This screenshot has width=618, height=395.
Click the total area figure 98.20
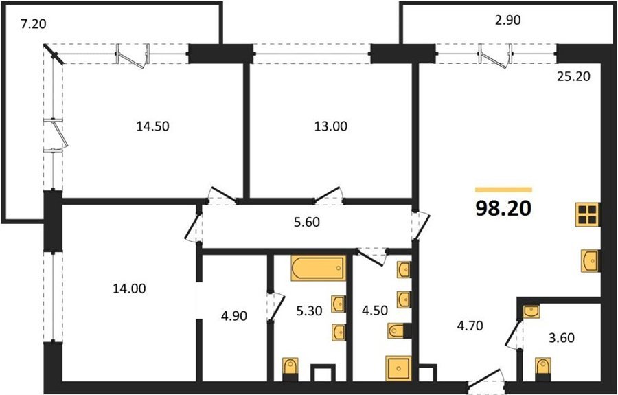tap(504, 209)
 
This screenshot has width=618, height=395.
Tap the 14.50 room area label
tap(152, 126)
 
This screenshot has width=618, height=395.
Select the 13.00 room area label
tap(331, 126)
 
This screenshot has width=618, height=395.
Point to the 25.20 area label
tap(573, 76)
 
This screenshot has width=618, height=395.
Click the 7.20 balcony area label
tap(34, 25)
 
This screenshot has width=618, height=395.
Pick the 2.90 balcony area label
tap(508, 21)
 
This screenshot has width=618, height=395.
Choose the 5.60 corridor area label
tap(307, 223)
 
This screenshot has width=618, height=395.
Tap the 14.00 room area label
tap(129, 289)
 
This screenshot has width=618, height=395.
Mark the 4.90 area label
tap(235, 316)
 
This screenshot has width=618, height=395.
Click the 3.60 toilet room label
tap(562, 338)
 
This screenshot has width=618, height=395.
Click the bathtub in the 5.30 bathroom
tap(319, 268)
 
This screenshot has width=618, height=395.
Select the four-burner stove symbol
tap(587, 214)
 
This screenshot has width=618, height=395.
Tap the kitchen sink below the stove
tap(590, 261)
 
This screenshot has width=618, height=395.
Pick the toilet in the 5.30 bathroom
tap(291, 369)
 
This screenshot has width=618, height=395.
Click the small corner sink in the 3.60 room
tap(531, 311)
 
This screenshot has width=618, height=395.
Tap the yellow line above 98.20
tap(504, 190)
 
